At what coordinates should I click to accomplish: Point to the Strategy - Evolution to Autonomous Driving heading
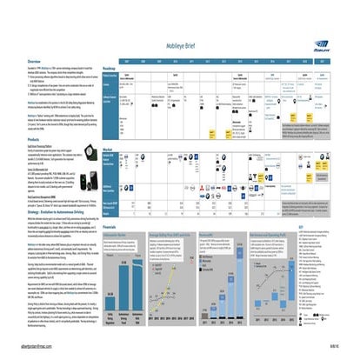(53, 184)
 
